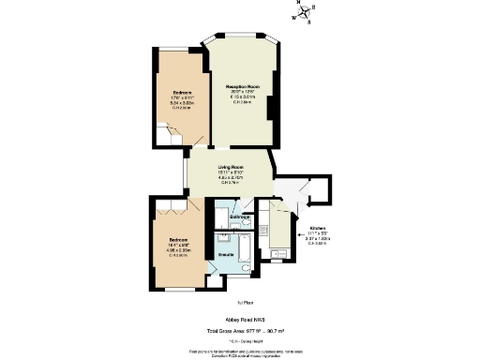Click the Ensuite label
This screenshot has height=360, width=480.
click(x=226, y=255)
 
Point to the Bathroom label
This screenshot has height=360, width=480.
click(x=240, y=217)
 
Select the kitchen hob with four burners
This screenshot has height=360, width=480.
click(x=264, y=228)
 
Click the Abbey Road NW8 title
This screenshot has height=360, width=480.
click(x=240, y=319)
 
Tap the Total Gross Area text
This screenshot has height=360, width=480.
click(x=240, y=330)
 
